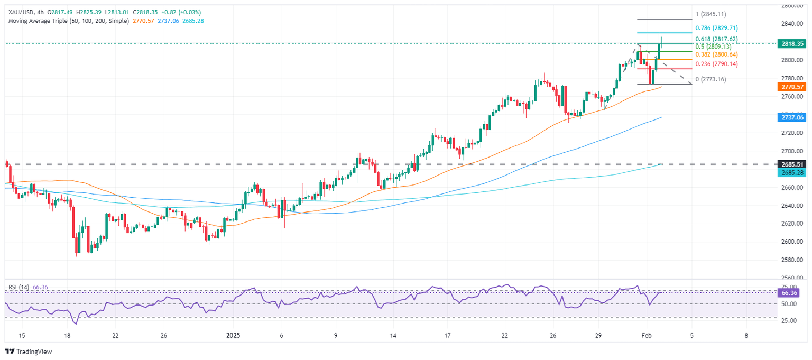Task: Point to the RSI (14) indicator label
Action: click(19, 287)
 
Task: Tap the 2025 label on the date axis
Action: click(234, 336)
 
